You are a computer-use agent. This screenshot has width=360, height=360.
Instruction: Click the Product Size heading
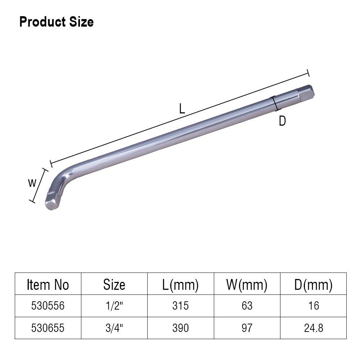tap(57, 22)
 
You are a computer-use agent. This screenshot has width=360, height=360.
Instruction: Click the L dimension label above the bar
tap(182, 109)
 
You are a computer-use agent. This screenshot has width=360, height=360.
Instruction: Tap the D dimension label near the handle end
tap(282, 121)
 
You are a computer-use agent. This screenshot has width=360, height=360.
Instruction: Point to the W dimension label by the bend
tap(32, 183)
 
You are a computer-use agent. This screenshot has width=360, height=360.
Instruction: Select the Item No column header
tap(48, 285)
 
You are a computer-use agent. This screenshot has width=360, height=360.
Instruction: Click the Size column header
tap(114, 285)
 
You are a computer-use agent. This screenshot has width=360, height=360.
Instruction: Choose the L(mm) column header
tap(180, 285)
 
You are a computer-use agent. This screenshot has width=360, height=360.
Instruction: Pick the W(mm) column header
tap(247, 285)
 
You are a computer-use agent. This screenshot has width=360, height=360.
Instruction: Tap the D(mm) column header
tap(314, 285)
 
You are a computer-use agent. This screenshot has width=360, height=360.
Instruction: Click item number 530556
tap(48, 306)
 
